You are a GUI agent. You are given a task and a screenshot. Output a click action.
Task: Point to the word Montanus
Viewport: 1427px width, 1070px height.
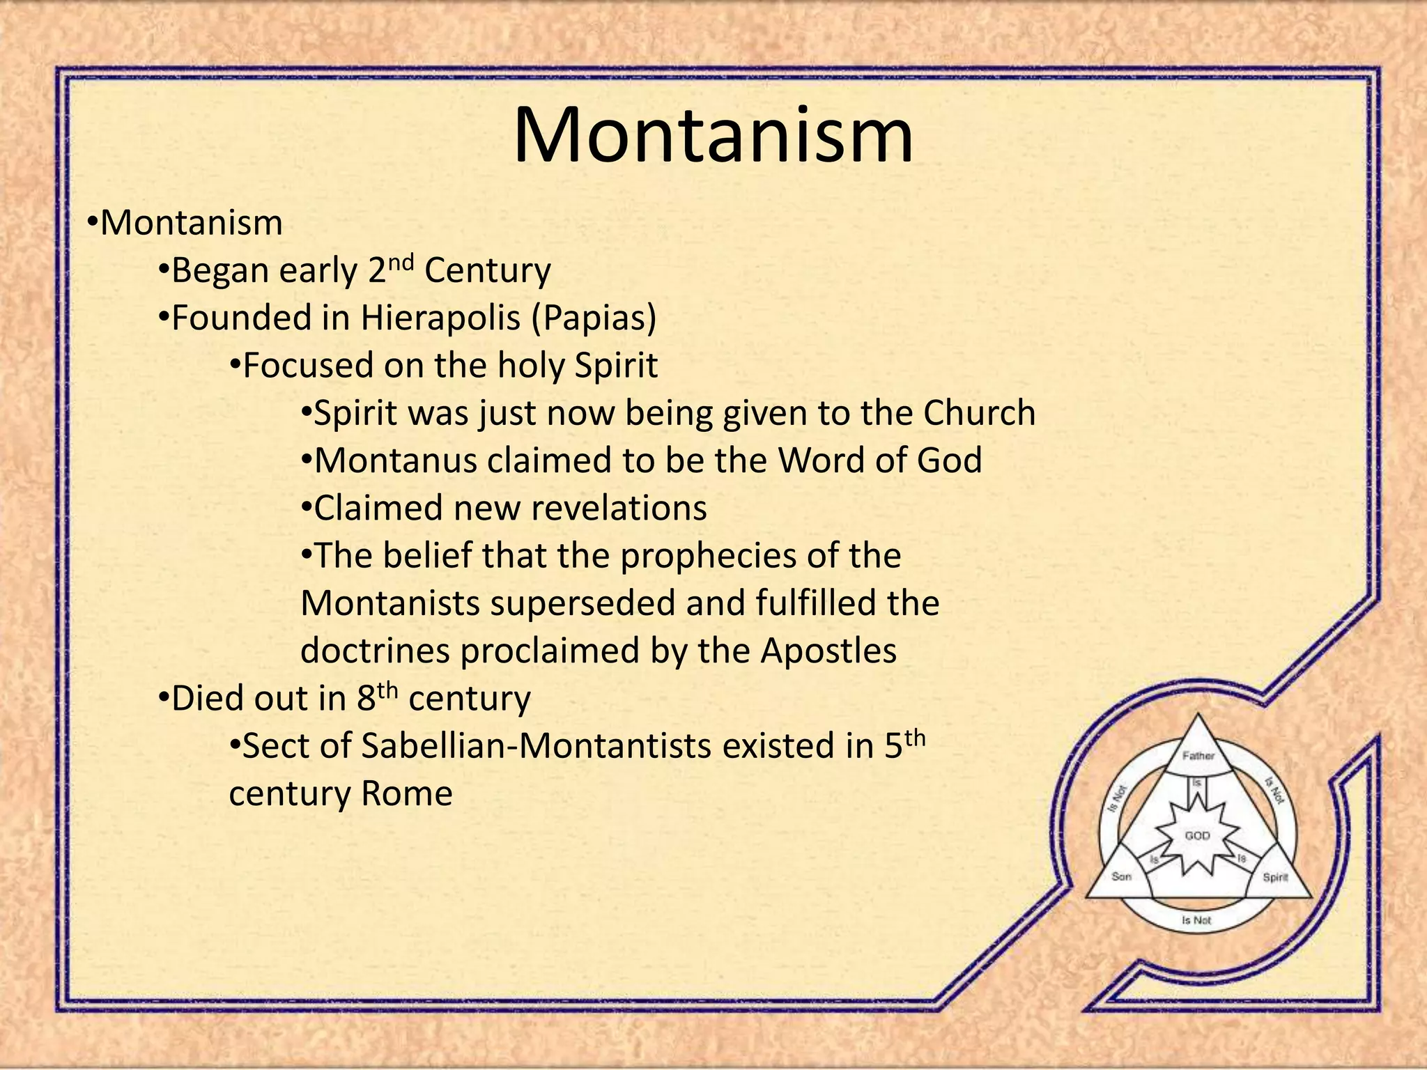pyautogui.click(x=395, y=460)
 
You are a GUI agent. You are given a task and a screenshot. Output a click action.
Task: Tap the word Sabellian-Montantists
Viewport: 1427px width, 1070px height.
pyautogui.click(x=537, y=746)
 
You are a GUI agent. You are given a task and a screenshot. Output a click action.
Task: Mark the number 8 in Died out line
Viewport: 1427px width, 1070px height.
pyautogui.click(x=367, y=699)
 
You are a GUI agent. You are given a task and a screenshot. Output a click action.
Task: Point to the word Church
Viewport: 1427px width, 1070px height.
pyautogui.click(x=979, y=413)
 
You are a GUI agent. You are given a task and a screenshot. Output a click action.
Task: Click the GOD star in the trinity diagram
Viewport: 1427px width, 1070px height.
pyautogui.click(x=1197, y=835)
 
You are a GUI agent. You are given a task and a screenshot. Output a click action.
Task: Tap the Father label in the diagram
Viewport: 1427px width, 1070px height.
pyautogui.click(x=1198, y=756)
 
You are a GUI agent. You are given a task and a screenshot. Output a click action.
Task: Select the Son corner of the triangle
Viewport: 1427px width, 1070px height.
pyautogui.click(x=1121, y=876)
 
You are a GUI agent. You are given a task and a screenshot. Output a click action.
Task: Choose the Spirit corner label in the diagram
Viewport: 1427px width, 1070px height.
pyautogui.click(x=1275, y=877)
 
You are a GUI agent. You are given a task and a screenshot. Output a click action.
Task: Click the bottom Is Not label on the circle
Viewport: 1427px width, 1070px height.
pyautogui.click(x=1196, y=920)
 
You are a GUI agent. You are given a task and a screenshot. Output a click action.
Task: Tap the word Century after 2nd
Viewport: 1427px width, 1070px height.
pyautogui.click(x=487, y=271)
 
